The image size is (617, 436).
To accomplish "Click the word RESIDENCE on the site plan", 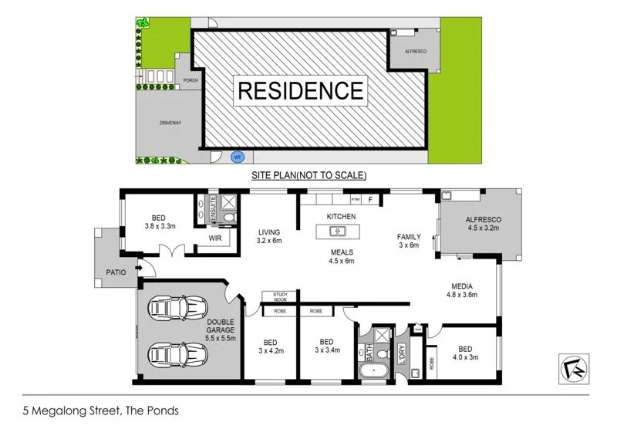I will click(299, 90).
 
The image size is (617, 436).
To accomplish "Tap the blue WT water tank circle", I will click(238, 157).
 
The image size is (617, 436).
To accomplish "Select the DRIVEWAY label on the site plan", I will click(170, 123).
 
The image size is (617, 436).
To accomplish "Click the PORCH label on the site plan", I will click(190, 79).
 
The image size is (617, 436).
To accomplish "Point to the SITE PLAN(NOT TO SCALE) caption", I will click(308, 176).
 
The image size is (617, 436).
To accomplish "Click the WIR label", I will click(215, 239).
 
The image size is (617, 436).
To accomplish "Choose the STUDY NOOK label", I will click(275, 296).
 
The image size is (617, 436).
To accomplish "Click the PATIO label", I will click(116, 272).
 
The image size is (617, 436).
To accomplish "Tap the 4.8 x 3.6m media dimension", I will click(462, 294).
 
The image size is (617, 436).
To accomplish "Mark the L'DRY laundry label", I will click(403, 354).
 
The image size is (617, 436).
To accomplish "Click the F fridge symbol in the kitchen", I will click(371, 200).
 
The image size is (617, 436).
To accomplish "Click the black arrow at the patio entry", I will click(140, 269).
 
